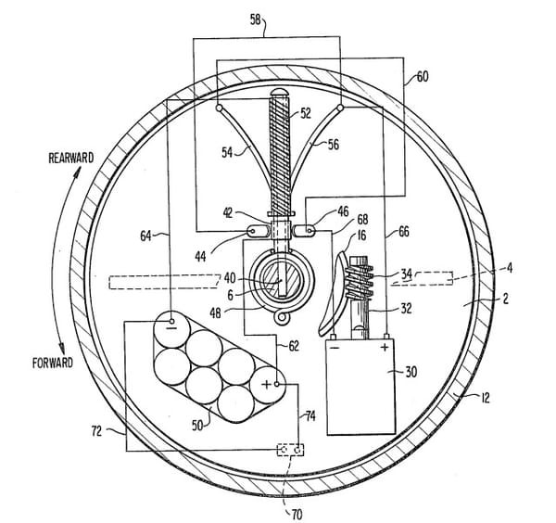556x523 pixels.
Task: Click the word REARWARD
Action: click(71, 159)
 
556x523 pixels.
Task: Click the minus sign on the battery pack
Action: click(171, 325)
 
